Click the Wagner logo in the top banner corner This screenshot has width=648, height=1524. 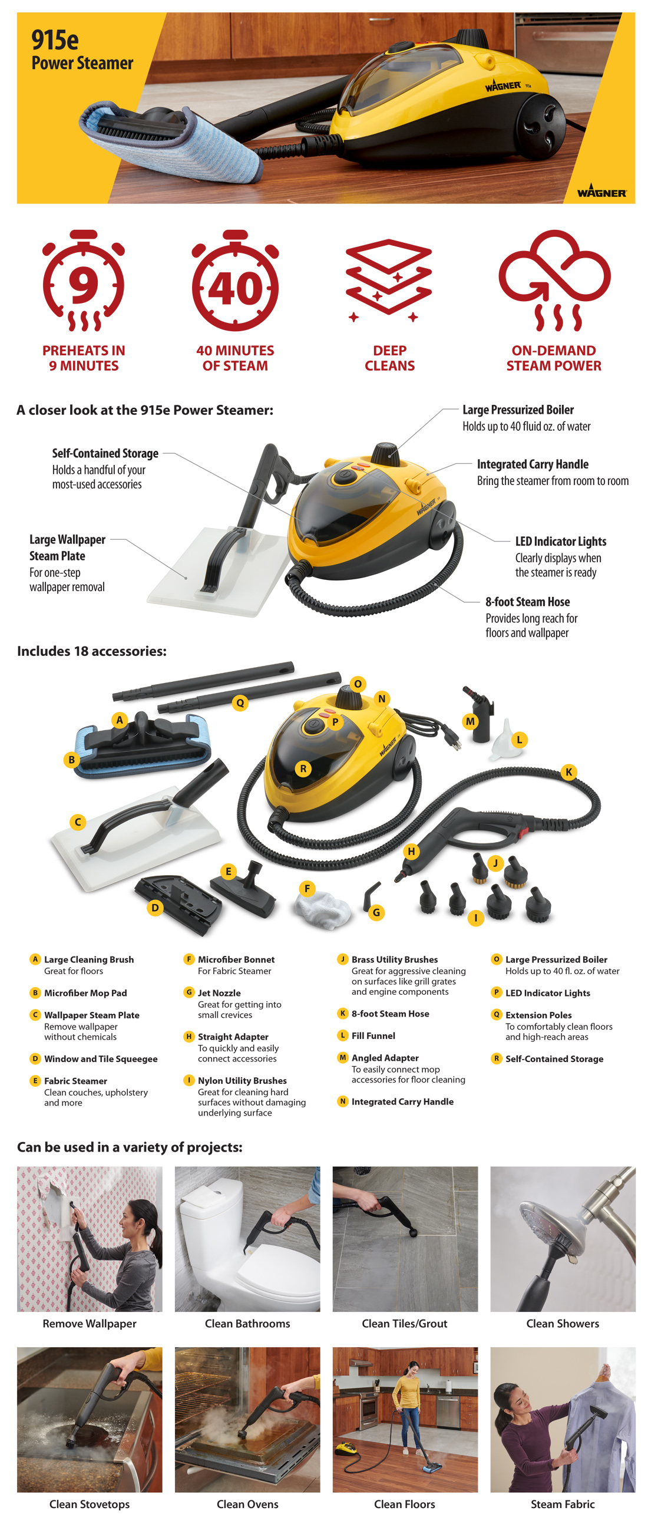tap(601, 190)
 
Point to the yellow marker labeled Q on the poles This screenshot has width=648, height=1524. tap(239, 703)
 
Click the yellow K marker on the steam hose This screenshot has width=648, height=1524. tap(568, 771)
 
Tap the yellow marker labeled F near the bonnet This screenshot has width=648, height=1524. tap(306, 888)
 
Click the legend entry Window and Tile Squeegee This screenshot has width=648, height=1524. tap(101, 1058)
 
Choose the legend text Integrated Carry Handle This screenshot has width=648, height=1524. tap(402, 1101)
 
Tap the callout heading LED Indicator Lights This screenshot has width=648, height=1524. tap(560, 541)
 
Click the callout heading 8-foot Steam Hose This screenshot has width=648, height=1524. tap(527, 601)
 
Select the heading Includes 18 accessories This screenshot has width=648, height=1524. tap(92, 651)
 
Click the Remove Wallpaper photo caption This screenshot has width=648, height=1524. tap(90, 1323)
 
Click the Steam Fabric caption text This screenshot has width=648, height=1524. tap(562, 1503)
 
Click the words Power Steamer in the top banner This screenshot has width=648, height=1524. tap(82, 62)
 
